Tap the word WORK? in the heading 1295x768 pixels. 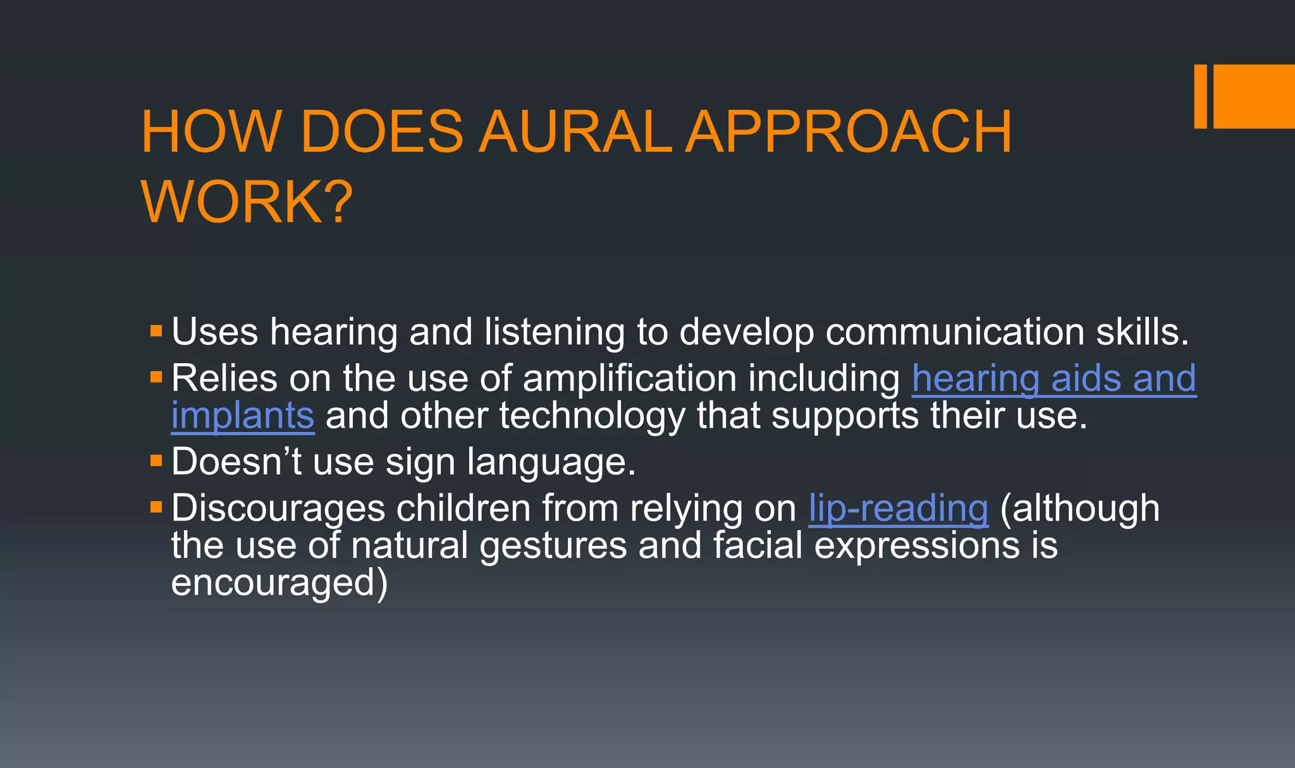tap(247, 202)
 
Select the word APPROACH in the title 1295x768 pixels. tap(849, 132)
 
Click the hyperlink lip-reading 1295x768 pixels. tap(898, 509)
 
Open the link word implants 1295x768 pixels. tap(243, 416)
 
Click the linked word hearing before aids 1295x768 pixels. tap(974, 379)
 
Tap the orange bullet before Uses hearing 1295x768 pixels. tap(156, 331)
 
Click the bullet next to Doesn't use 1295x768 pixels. tap(156, 461)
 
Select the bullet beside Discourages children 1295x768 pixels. tap(156, 507)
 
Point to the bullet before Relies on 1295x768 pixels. tap(156, 378)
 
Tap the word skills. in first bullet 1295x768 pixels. tap(1142, 332)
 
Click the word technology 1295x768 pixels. tap(592, 416)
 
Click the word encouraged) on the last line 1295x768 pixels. tap(279, 583)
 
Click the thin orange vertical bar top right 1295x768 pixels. tap(1200, 96)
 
